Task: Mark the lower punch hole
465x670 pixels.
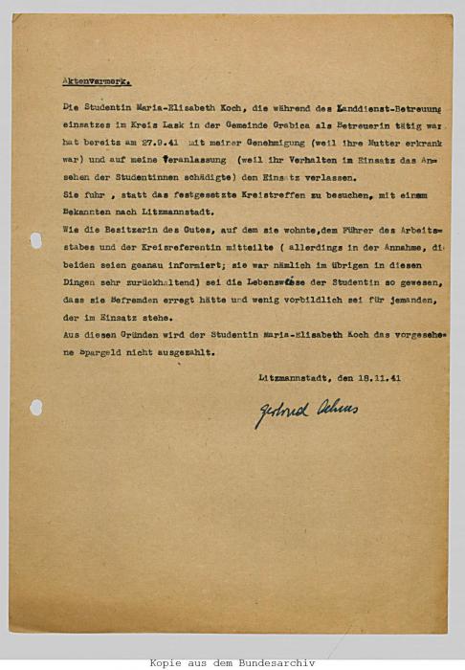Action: point(35,407)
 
